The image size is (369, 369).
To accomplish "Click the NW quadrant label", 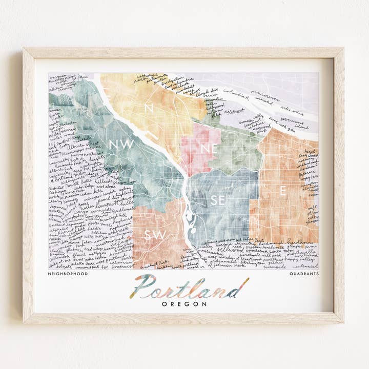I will point(121,145).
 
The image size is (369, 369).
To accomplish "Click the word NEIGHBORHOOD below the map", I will point(67,274).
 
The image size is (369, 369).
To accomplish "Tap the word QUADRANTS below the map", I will point(303,274).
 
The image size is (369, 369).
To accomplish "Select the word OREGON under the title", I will point(184,303).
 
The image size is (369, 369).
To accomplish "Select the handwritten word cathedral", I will point(147,76).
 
